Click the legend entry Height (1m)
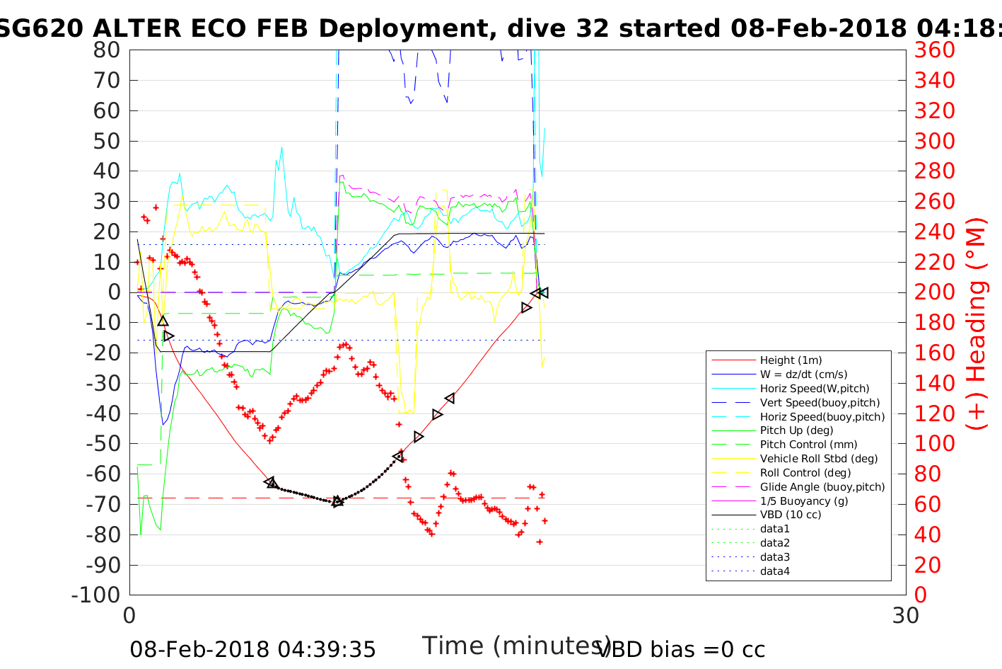791,360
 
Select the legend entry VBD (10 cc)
791,515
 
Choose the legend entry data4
775,571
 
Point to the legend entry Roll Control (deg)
805,472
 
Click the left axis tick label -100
97,595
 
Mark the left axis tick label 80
106,50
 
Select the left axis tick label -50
104,444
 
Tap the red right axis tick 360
935,50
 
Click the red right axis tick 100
935,444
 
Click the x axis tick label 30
906,615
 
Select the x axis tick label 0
129,615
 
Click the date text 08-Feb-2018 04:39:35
252,649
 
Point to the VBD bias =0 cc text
681,649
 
